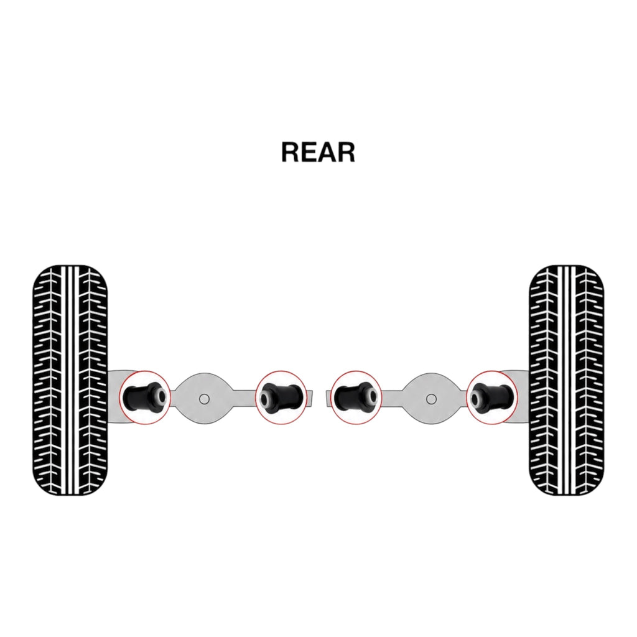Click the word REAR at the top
(x=318, y=152)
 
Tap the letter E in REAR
(x=309, y=152)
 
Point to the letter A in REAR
(x=327, y=152)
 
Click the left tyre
(x=70, y=380)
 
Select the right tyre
(x=567, y=380)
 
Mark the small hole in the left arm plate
(x=204, y=399)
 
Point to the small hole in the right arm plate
(x=431, y=399)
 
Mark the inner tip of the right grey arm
(x=325, y=398)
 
